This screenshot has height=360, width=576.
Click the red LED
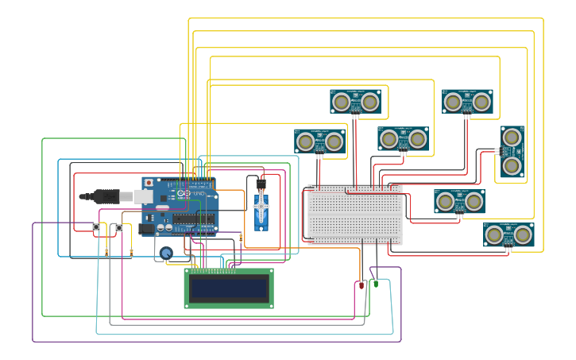coord(361,285)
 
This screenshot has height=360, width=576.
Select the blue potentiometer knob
coord(165,254)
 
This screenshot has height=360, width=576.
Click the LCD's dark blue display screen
coord(228,288)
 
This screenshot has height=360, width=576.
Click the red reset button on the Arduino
coord(149,183)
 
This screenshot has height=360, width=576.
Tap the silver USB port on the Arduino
coord(143,196)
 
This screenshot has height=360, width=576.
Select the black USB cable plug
coord(107,195)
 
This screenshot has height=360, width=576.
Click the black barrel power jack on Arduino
coord(146,229)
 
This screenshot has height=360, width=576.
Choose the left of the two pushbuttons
coord(96,228)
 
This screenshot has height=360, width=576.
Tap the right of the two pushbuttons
coord(119,228)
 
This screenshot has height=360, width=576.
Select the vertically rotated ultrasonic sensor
coord(512,151)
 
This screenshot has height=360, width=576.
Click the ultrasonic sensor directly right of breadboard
coord(460,201)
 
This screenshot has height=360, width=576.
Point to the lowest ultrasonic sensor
coord(508,234)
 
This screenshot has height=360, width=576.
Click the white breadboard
coord(355,215)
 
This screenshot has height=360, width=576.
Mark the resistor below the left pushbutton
coord(106,252)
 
